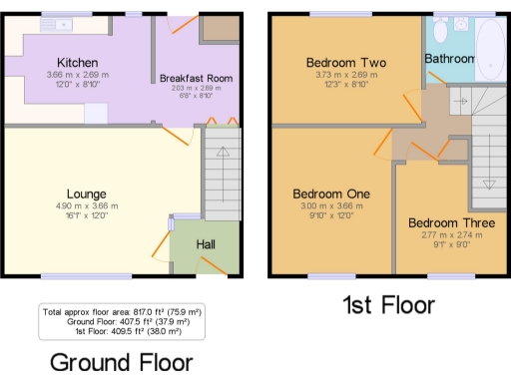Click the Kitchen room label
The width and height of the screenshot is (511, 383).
click(77, 61)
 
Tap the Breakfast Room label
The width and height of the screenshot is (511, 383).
click(196, 77)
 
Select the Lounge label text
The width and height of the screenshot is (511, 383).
click(87, 193)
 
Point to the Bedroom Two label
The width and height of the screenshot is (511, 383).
click(345, 62)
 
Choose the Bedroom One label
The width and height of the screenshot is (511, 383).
click(331, 193)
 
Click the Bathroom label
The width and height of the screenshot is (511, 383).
click(449, 59)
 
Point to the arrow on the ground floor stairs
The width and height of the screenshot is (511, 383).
click(223, 153)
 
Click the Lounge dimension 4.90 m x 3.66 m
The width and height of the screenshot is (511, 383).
click(87, 206)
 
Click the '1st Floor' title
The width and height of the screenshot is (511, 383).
click(388, 304)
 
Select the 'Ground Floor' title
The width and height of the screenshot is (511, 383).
click(121, 360)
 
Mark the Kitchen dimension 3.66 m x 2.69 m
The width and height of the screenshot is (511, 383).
click(78, 75)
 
